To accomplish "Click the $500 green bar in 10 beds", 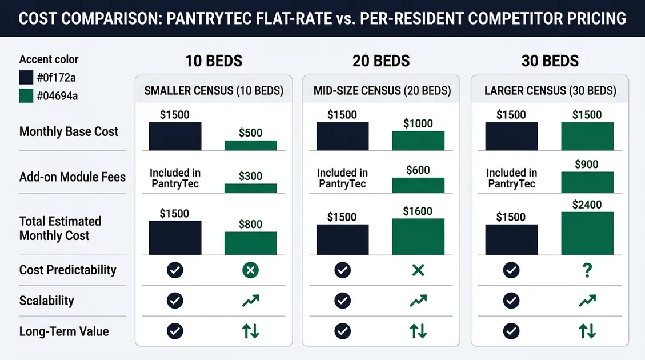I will coord(250,145).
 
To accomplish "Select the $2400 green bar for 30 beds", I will coord(587,233).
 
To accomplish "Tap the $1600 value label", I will coord(418,211).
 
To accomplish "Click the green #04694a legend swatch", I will coord(26,95).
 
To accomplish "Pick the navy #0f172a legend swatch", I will coord(26,78).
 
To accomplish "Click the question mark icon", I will coord(587,270).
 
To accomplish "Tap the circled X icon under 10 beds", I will coord(250,270).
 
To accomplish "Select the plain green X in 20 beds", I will coord(418,270).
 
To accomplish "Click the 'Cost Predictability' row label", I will coord(67,270).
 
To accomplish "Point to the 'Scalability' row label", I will coord(46,301).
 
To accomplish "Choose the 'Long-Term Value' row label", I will coord(63,331).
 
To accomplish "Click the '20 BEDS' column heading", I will coord(381,61).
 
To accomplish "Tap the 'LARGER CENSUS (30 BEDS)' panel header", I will coord(550,90).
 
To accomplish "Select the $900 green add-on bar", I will coord(587,182).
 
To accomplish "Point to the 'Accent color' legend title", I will coord(49,59).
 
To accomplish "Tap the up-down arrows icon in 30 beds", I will coord(587,331).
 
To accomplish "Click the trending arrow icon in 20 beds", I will coord(418,301).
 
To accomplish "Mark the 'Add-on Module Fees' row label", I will coord(72,177).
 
